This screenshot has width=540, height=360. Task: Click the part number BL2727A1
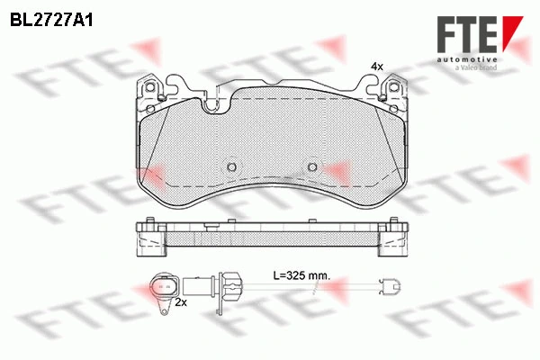coord(51,21)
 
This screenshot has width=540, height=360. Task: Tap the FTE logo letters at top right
coord(467,34)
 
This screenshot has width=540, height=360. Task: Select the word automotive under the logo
coord(467,59)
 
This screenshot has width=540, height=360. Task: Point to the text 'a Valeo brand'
coord(476,67)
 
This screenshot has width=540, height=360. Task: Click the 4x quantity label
coord(377,67)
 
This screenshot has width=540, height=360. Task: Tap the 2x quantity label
coord(181,302)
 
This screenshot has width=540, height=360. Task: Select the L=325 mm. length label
coord(301,275)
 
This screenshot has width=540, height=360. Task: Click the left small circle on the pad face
coord(232,167)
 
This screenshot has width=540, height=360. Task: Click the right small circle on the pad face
coord(312,167)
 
